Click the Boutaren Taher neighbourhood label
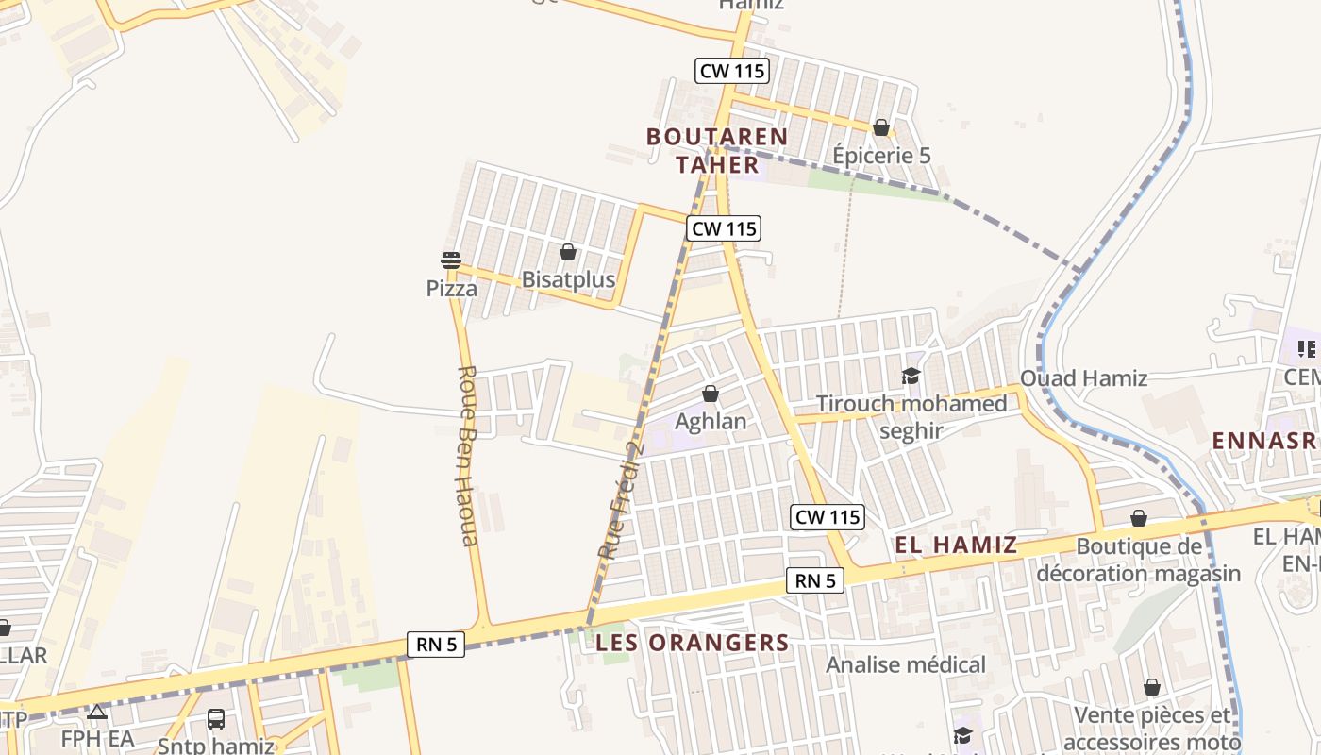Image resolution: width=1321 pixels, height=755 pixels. pos(717,150)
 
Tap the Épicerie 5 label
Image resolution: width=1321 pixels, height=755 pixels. pos(881,155)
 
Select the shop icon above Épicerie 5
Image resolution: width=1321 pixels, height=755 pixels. pos(881,126)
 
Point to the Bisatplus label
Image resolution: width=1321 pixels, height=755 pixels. pos(568,279)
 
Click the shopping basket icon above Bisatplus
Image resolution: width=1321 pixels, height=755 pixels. pos(568,252)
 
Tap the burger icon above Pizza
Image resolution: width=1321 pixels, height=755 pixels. pos(451,260)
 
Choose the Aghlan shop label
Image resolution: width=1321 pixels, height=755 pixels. pos(711,421)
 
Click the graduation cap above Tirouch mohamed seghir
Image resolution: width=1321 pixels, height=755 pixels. pos(911,377)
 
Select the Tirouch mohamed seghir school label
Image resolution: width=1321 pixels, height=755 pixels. pos(911,417)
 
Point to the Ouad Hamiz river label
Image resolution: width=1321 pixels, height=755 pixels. pos(1084,378)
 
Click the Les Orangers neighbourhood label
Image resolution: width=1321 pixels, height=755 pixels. pos(693,644)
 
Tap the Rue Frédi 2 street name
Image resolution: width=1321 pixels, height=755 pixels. pos(620,498)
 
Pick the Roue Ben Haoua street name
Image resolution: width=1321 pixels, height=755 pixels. pos(468,456)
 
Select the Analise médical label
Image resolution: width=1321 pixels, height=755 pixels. pos(906,664)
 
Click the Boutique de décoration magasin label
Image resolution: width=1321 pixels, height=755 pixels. pos(1139,560)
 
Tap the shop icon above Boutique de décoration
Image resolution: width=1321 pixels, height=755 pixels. pos(1139,518)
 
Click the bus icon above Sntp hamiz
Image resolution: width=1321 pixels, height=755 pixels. pos(216,719)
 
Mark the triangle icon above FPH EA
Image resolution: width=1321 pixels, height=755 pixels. pos(96,712)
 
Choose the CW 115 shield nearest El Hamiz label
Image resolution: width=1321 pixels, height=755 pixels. pos(828,517)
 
